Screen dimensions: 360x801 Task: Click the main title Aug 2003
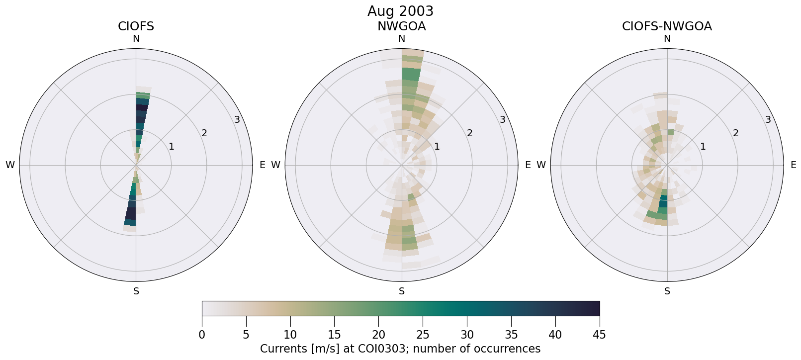tap(400, 11)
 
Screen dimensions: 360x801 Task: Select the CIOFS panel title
tap(136, 26)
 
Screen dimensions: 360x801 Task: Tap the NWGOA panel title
tap(401, 26)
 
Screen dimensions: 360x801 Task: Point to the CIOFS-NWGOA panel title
tap(667, 26)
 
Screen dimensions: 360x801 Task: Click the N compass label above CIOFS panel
tap(136, 39)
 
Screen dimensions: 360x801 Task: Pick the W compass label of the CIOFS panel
tap(10, 165)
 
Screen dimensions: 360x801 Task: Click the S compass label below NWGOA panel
tap(402, 291)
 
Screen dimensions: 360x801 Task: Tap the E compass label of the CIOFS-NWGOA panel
tap(794, 165)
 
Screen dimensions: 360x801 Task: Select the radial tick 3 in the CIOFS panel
tap(237, 119)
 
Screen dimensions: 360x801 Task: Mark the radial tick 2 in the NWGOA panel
tap(469, 133)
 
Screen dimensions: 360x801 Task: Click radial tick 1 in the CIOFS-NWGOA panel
tap(703, 146)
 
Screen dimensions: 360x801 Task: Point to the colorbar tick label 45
tap(599, 335)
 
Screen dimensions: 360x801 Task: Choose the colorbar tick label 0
tap(202, 335)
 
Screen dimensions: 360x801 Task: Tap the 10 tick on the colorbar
tap(290, 335)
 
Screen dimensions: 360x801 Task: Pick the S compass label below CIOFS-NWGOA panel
tap(667, 291)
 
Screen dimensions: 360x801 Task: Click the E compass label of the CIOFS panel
tap(263, 165)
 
